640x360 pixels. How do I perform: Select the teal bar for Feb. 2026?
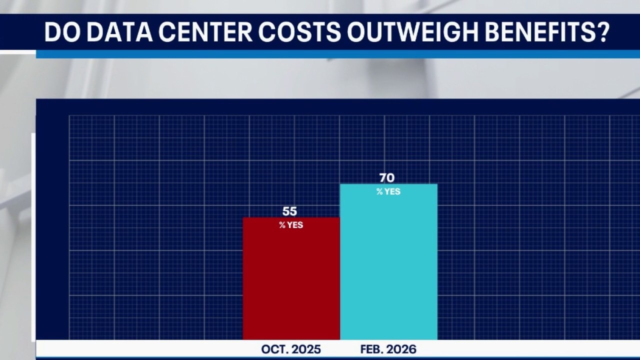(388, 265)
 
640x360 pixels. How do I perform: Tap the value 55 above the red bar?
(289, 211)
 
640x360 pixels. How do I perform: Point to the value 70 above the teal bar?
(387, 178)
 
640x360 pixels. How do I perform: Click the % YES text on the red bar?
(291, 225)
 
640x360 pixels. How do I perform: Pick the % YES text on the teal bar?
(388, 191)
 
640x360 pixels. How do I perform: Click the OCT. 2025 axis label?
(291, 349)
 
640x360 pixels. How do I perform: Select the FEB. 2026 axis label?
(388, 349)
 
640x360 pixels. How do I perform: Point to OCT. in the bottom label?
(273, 349)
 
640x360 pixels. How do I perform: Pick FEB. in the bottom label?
(371, 349)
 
